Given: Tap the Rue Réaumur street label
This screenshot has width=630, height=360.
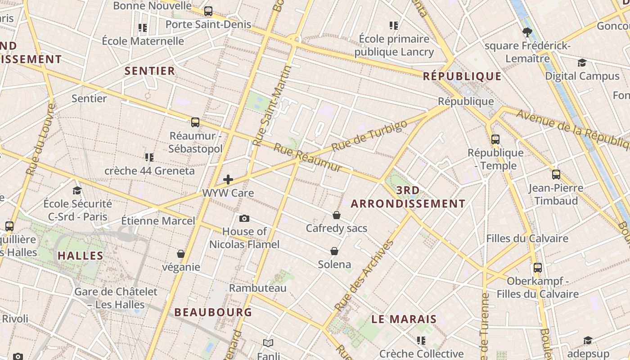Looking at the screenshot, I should [308, 157].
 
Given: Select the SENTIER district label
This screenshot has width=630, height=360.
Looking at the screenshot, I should [149, 71].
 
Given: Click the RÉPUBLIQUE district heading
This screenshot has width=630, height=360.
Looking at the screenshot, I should [462, 76].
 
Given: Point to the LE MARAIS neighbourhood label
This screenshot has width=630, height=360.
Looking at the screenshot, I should [404, 319].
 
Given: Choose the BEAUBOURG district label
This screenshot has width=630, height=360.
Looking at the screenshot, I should [213, 312].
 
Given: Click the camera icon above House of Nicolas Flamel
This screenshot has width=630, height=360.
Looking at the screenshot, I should [244, 218].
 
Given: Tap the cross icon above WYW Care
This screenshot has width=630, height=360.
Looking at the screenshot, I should [228, 180].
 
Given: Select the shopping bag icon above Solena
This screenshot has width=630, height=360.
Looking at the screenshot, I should [334, 251].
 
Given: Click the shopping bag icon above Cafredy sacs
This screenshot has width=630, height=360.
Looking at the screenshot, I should [336, 215].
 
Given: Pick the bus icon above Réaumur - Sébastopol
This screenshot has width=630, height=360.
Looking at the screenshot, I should [195, 122].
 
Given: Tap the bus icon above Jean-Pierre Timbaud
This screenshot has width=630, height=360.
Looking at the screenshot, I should [556, 175].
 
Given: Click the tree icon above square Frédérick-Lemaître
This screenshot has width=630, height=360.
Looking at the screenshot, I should [527, 32].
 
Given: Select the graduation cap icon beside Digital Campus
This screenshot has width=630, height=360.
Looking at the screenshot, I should [582, 63].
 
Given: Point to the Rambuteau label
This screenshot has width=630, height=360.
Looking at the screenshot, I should [257, 288].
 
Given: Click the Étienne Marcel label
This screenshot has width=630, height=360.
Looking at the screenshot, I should [158, 220].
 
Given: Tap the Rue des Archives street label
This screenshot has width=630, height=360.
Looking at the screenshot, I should [364, 276].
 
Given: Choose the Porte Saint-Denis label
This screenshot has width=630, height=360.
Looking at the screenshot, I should [208, 24].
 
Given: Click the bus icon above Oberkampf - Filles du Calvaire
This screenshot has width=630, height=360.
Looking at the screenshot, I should [537, 268].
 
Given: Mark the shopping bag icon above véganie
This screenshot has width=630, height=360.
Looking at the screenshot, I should [181, 254].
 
